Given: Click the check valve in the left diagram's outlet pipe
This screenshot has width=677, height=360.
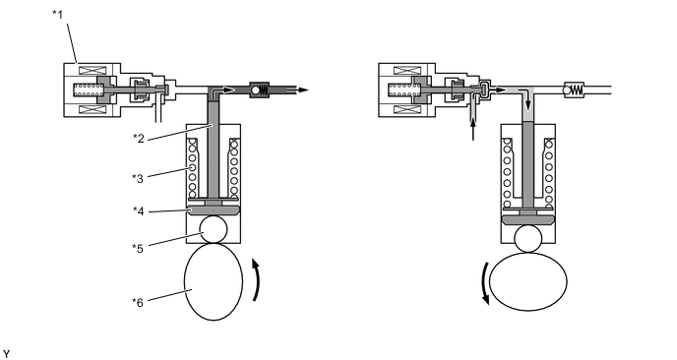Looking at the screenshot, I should [x=261, y=89].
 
